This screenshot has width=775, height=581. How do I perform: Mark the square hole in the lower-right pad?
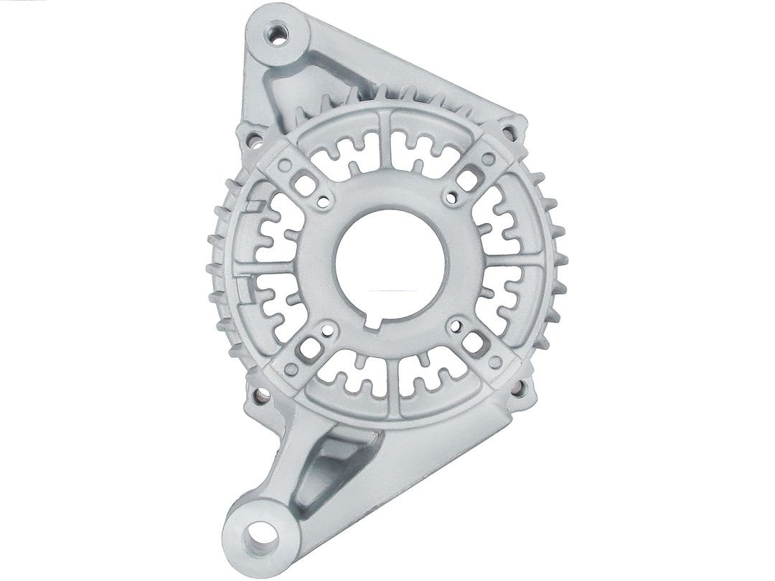pyautogui.click(x=474, y=344)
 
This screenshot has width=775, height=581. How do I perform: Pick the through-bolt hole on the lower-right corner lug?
pyautogui.click(x=518, y=388)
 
